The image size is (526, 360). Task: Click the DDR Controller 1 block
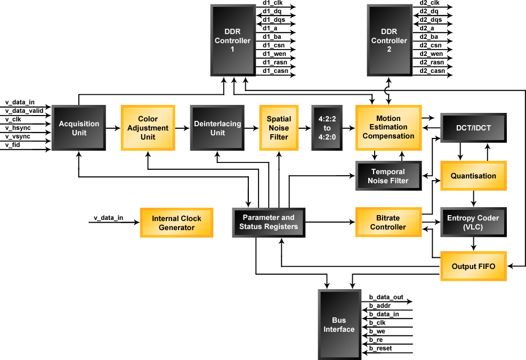click(x=233, y=40)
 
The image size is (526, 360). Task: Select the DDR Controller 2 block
click(x=390, y=40)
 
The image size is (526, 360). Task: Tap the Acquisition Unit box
click(x=79, y=128)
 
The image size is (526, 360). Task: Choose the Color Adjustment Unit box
click(x=148, y=128)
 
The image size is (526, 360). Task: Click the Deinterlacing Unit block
click(x=217, y=128)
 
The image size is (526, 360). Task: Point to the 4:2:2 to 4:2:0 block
click(x=327, y=128)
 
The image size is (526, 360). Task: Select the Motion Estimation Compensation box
click(x=388, y=127)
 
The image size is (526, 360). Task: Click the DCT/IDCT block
click(x=473, y=128)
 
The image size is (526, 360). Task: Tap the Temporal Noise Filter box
click(x=388, y=176)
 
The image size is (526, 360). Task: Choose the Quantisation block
click(x=473, y=176)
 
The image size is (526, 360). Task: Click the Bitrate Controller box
click(x=388, y=222)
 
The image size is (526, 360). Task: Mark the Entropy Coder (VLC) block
click(x=473, y=222)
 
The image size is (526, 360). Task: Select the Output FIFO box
click(x=473, y=266)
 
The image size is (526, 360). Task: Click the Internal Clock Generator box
click(x=176, y=223)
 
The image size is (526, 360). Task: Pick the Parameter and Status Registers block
click(x=269, y=222)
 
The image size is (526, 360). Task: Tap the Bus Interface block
click(x=339, y=324)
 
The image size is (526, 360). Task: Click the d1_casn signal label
click(x=274, y=71)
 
